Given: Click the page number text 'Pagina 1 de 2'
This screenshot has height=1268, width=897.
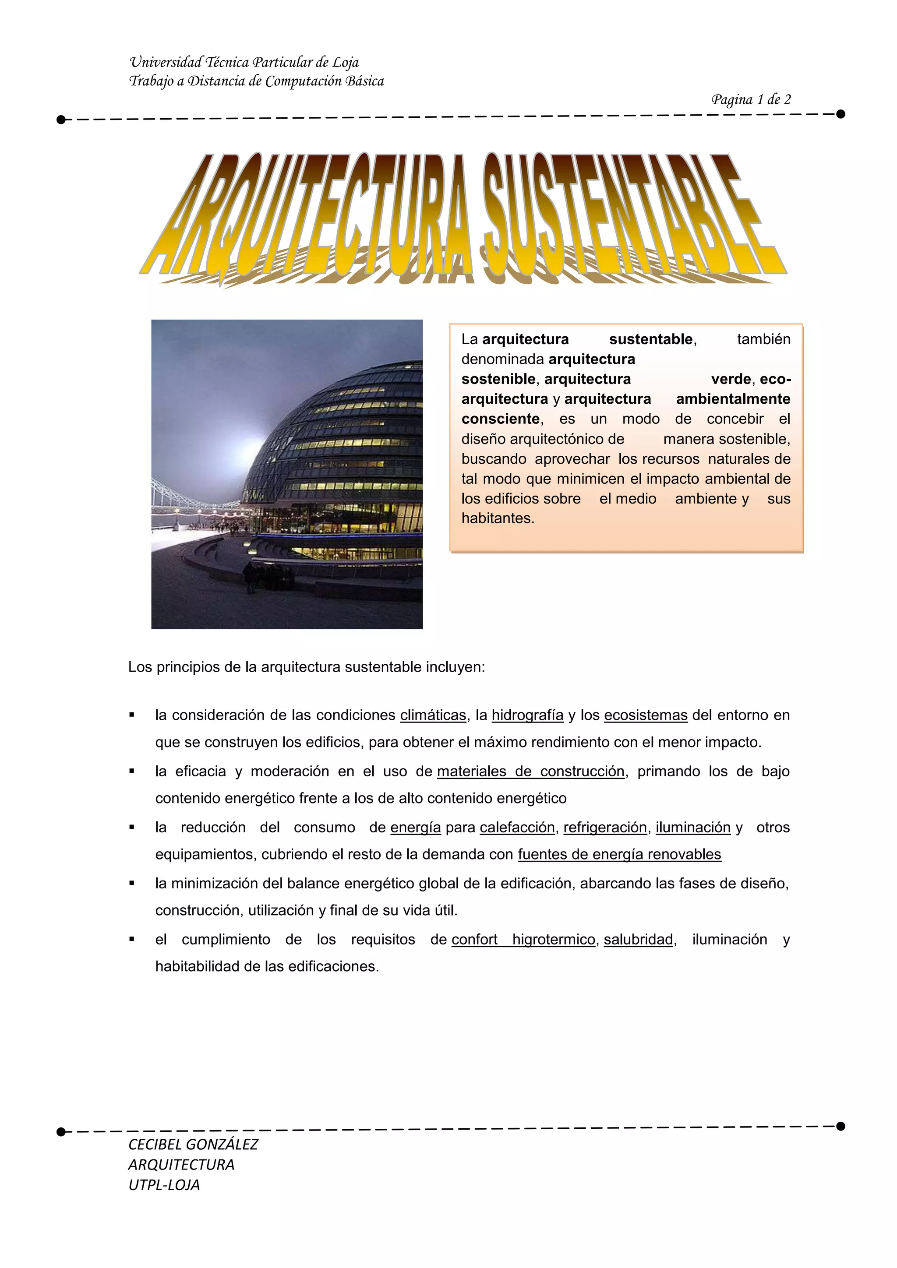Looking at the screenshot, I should [x=751, y=100].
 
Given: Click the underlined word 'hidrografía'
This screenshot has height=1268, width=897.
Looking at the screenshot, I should [x=527, y=715].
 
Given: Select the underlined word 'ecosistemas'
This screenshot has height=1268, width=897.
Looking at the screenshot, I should [x=645, y=715].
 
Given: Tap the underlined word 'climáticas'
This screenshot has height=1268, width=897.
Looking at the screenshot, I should [x=433, y=715].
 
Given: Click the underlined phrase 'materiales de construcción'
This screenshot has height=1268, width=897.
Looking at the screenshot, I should [x=530, y=771].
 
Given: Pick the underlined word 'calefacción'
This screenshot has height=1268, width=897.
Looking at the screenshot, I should [x=517, y=827].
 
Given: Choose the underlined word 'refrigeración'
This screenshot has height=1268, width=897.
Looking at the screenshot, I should [x=605, y=827].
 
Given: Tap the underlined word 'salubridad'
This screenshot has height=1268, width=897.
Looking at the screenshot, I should [x=638, y=940].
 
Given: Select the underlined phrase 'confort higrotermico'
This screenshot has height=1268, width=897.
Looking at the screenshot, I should [x=523, y=940].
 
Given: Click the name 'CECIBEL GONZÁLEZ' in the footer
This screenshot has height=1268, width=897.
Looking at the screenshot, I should [x=193, y=1144].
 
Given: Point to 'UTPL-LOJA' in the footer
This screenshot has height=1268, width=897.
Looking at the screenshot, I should [x=164, y=1185].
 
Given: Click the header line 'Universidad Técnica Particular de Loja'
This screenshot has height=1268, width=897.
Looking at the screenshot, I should [x=244, y=63].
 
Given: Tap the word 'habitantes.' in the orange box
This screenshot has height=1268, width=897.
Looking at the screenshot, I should [x=498, y=518].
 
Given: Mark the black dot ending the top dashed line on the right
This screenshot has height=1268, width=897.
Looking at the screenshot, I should [x=840, y=114].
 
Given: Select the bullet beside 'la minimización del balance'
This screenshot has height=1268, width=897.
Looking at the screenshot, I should [x=131, y=883].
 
